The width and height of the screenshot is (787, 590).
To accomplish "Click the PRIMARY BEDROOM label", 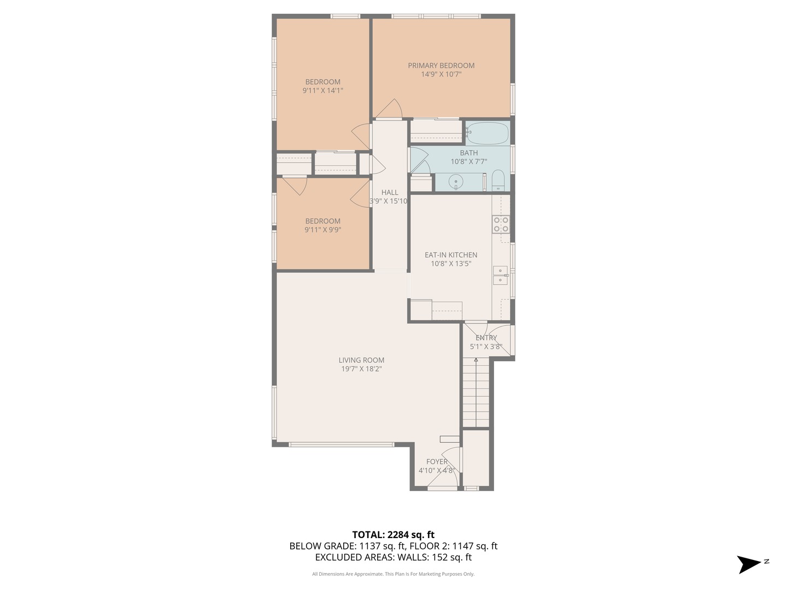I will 441,66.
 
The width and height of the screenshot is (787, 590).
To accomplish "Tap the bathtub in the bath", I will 487,133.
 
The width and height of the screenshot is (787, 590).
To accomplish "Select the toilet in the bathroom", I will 498,181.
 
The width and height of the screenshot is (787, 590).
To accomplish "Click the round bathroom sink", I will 455,181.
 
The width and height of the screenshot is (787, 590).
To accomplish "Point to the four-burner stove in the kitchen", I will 501,225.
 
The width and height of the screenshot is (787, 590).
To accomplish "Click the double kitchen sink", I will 500,275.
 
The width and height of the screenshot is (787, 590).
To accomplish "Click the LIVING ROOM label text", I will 361,360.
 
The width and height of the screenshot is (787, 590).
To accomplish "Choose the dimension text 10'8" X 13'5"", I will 451,264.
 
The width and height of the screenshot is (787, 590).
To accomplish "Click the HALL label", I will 390,192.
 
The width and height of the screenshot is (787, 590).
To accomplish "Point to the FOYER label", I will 437,462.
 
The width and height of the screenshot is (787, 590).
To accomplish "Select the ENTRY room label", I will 486,338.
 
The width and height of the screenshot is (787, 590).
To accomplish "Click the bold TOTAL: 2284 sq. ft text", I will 393,534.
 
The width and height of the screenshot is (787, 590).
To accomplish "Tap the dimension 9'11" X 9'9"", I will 322,230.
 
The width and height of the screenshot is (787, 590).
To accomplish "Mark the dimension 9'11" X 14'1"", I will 322,91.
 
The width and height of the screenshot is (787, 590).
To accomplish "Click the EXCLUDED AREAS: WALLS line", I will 393,557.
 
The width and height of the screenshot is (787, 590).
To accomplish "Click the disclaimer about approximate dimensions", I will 393,574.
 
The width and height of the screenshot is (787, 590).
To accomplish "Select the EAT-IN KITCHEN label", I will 451,255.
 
